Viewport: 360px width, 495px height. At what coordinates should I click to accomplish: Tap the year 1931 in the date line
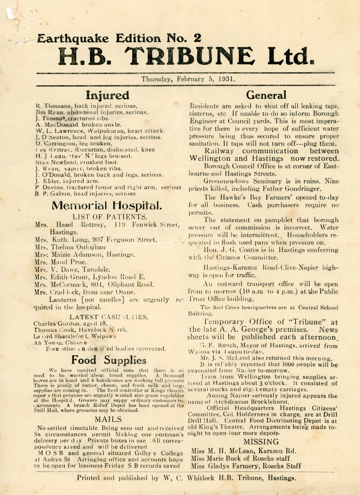[227, 79]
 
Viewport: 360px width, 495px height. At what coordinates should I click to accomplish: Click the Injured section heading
[107, 95]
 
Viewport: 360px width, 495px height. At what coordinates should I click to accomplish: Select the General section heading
[266, 95]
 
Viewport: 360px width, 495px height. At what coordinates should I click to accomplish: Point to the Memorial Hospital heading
[107, 206]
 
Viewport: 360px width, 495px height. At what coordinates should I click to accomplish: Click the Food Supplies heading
[108, 360]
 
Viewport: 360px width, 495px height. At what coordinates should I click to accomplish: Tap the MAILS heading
[108, 419]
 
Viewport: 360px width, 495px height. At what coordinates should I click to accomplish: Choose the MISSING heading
[261, 442]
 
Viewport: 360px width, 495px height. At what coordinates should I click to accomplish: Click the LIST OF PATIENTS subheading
[110, 217]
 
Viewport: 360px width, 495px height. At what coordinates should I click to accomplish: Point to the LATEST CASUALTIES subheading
[108, 317]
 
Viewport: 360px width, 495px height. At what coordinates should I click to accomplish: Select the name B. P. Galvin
[50, 194]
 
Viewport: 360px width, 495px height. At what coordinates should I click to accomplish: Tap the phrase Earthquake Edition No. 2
[119, 38]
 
